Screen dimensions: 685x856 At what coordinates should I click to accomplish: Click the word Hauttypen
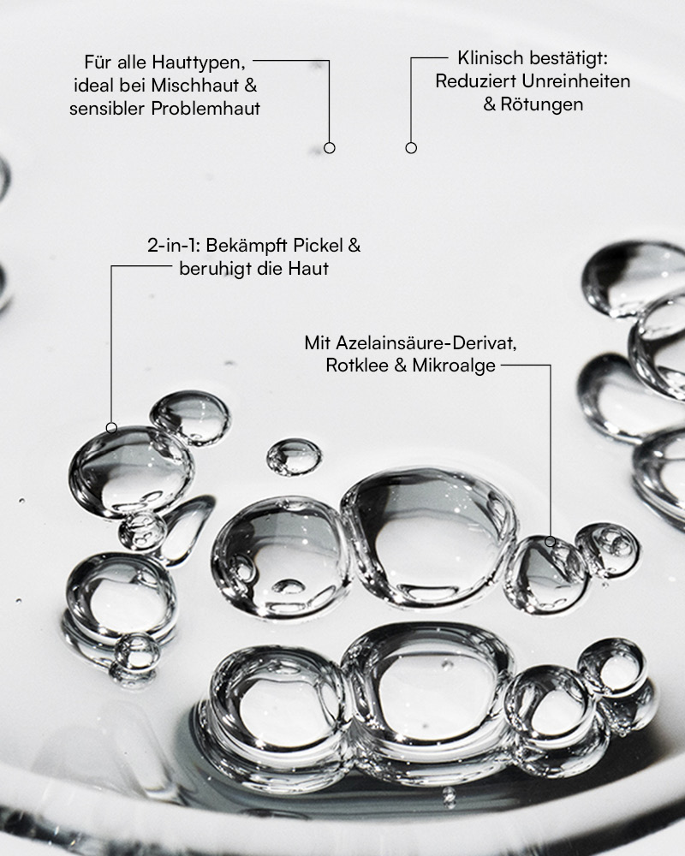tap(199, 62)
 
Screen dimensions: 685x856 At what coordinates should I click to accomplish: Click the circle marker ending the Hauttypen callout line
tap(330, 148)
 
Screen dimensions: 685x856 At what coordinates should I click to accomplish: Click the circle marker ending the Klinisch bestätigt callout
tap(411, 148)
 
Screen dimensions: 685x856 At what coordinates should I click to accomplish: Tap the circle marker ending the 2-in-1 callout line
tap(111, 428)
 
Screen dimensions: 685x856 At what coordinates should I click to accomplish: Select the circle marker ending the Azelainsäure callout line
tap(551, 542)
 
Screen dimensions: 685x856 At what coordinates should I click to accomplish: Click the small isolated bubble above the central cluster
tap(294, 456)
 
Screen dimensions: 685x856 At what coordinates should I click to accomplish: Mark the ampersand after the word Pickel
tap(354, 246)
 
